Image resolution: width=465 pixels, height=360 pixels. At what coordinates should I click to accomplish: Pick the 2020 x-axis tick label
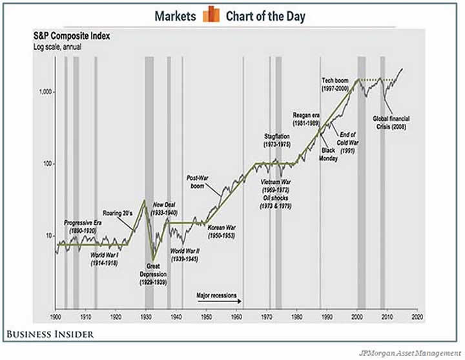417,319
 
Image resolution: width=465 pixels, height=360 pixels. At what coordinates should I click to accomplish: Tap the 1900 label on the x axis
56,319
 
